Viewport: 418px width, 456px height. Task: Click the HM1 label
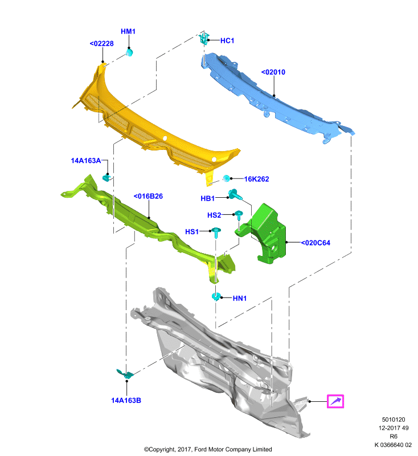(x=128, y=31)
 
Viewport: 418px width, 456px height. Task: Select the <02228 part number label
(x=102, y=44)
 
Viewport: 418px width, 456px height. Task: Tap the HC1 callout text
(x=227, y=40)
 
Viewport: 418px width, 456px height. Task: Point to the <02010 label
(x=273, y=72)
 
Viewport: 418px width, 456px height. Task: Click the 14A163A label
(x=86, y=161)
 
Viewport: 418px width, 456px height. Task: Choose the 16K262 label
(x=256, y=179)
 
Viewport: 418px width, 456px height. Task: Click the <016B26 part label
(x=148, y=196)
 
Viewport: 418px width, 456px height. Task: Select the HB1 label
(x=208, y=198)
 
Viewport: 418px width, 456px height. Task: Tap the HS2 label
(x=214, y=215)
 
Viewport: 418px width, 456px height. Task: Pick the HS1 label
(x=192, y=232)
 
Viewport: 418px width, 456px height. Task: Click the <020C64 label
(x=315, y=243)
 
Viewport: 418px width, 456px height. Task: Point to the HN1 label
(x=240, y=298)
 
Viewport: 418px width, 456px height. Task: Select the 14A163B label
(x=126, y=401)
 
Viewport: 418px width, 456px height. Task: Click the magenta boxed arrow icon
(x=335, y=401)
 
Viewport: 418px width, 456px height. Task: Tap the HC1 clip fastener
(x=204, y=38)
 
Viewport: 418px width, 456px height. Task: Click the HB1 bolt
(x=235, y=194)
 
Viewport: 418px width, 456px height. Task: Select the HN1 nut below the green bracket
(x=216, y=297)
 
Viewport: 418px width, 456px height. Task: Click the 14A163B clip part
(x=125, y=373)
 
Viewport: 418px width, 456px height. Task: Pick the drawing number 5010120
(x=394, y=420)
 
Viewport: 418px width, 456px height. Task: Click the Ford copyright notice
(x=208, y=450)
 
